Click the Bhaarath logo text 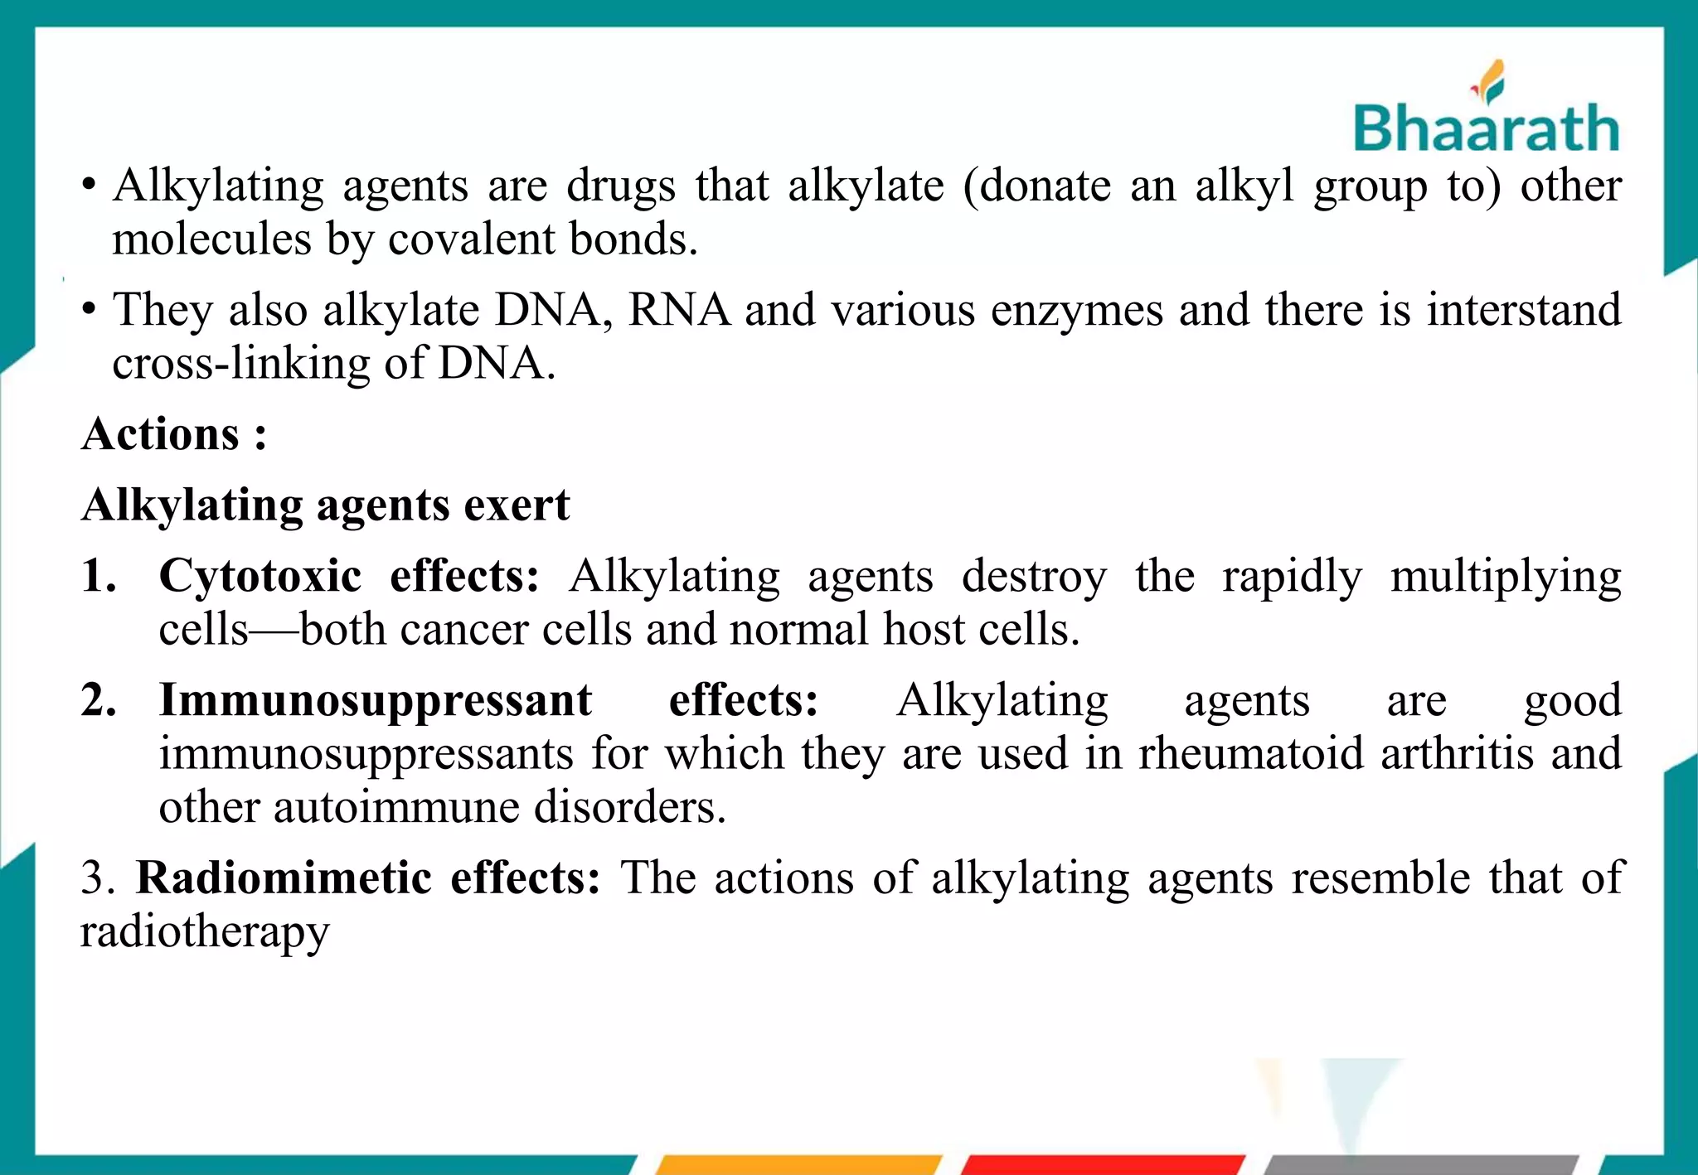pyautogui.click(x=1486, y=128)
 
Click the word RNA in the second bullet pyautogui.click(x=679, y=310)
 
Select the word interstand pyautogui.click(x=1524, y=310)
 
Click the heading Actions pyautogui.click(x=161, y=434)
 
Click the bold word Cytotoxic pyautogui.click(x=260, y=575)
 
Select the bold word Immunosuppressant pyautogui.click(x=376, y=700)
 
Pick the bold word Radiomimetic pyautogui.click(x=284, y=878)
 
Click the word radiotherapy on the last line pyautogui.click(x=205, y=931)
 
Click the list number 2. pyautogui.click(x=97, y=700)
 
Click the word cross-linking pyautogui.click(x=240, y=364)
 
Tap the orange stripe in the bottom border pyautogui.click(x=798, y=1164)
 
